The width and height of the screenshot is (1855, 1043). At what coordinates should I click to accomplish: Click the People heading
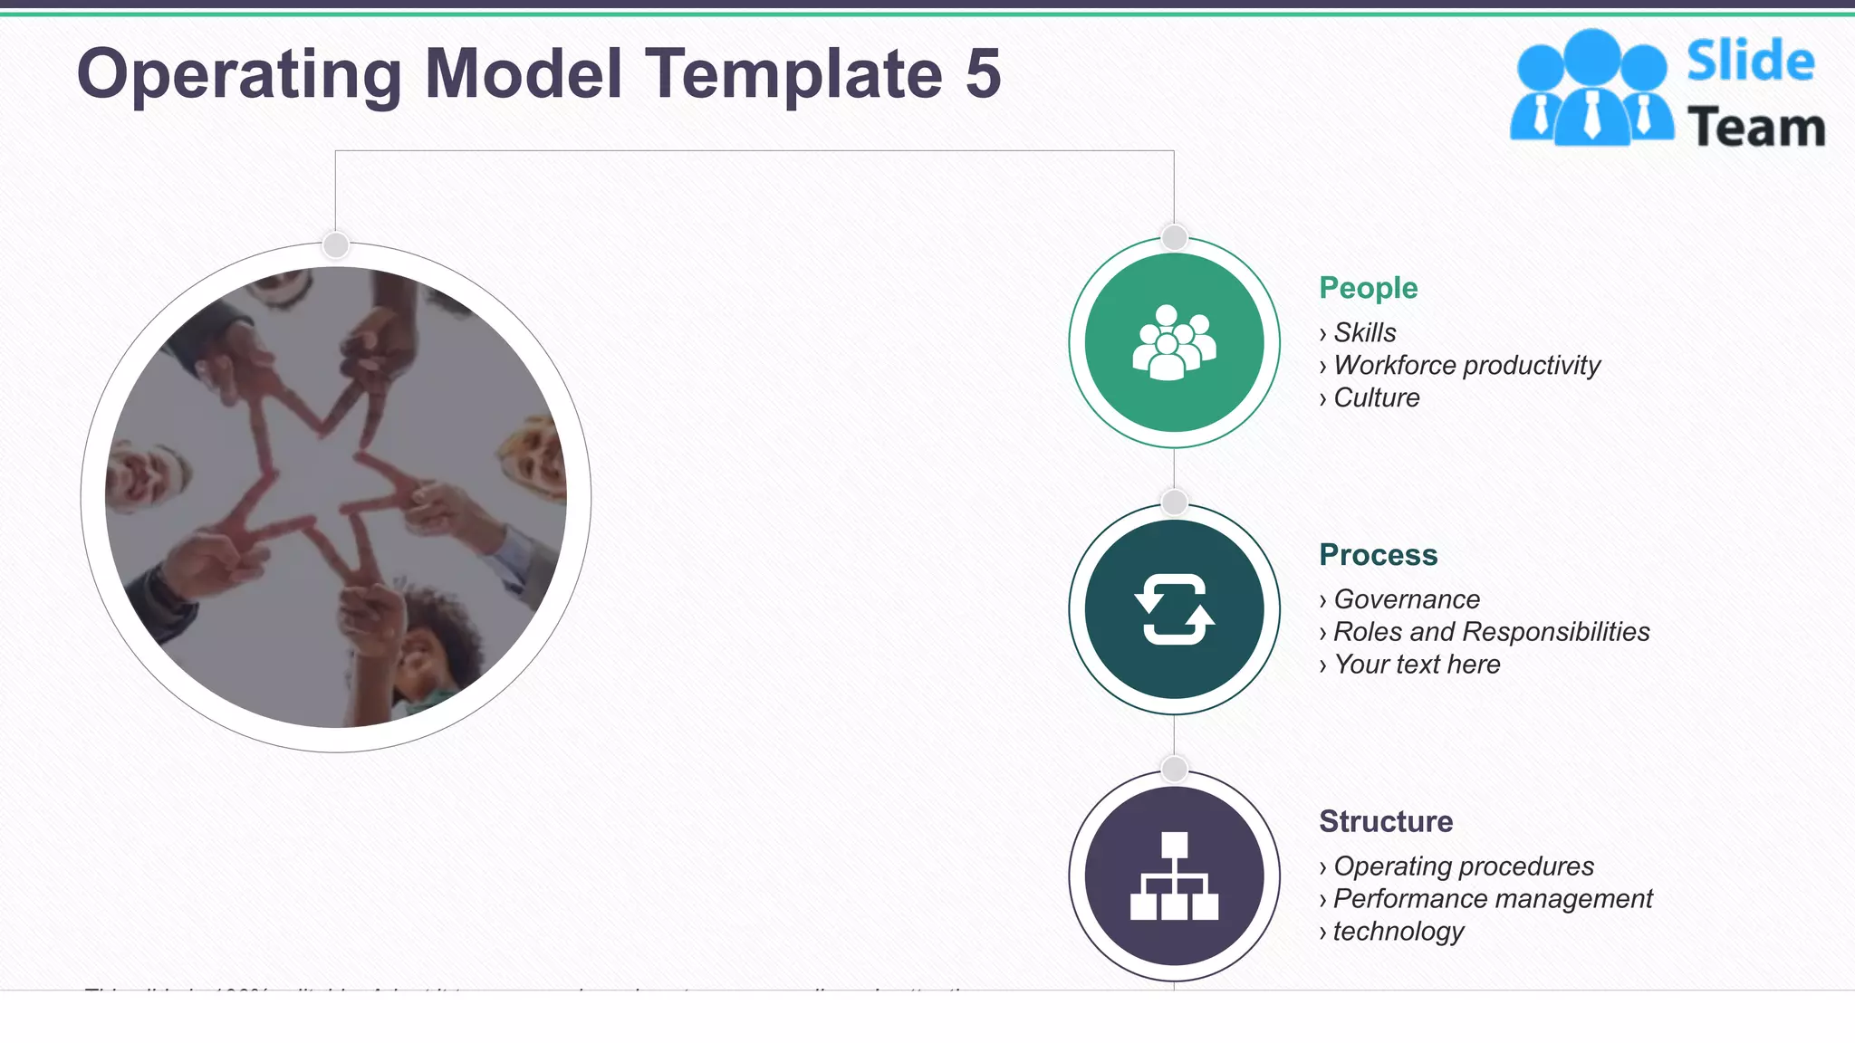(x=1368, y=288)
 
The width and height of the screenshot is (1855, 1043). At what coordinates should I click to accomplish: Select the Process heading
(x=1378, y=555)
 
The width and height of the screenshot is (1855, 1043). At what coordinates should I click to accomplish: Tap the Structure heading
(x=1386, y=821)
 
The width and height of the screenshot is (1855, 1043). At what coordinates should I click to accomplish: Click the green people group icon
(x=1174, y=342)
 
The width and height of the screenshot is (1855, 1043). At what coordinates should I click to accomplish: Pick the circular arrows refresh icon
(x=1174, y=609)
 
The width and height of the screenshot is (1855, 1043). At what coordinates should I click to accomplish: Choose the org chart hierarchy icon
(x=1174, y=876)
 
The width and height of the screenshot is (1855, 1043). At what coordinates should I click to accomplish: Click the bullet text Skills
(x=1364, y=332)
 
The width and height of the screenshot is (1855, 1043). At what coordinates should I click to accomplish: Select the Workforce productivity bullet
(x=1466, y=365)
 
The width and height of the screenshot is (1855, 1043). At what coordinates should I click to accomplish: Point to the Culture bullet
(x=1376, y=397)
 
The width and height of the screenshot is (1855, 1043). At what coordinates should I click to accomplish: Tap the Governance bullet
(x=1407, y=599)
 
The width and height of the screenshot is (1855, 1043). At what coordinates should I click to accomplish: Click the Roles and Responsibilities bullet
(x=1491, y=632)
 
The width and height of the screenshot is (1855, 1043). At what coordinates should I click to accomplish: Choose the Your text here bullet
(x=1417, y=665)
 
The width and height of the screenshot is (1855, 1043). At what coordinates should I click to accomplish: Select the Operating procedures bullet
(x=1464, y=866)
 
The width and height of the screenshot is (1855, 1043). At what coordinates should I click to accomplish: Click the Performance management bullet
(x=1493, y=899)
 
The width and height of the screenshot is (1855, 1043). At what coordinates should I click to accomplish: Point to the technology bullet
(x=1398, y=932)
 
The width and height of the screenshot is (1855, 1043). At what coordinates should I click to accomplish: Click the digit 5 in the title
(x=983, y=74)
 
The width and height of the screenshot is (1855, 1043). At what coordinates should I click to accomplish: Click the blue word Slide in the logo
(x=1750, y=62)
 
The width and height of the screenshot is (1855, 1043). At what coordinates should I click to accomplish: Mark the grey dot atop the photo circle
(x=336, y=244)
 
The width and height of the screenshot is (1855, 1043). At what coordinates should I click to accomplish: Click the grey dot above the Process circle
(x=1174, y=502)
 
